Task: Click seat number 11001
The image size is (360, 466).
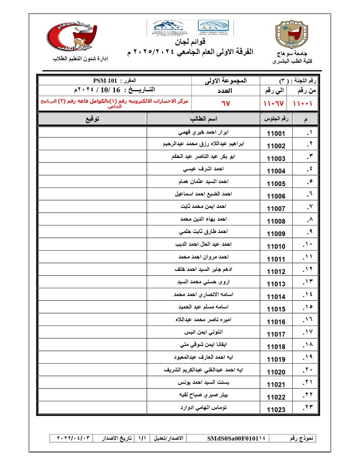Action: [x=276, y=134]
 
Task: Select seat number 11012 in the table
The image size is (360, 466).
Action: [x=276, y=272]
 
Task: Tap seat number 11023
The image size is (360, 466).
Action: [x=276, y=410]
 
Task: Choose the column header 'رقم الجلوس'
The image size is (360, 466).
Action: [x=275, y=119]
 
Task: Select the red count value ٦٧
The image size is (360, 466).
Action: [x=225, y=103]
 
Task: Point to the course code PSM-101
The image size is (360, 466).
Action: [x=104, y=80]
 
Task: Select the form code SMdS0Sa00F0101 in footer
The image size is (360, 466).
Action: [x=236, y=438]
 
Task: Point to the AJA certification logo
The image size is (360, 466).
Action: [x=215, y=28]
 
